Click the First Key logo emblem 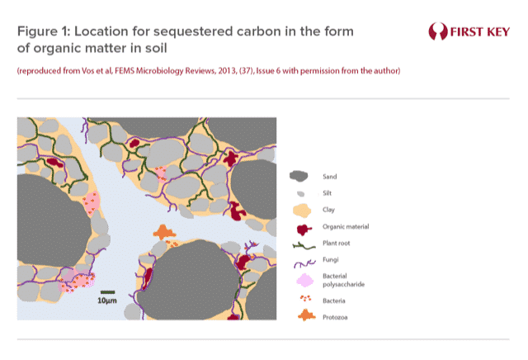pyautogui.click(x=438, y=31)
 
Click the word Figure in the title pyautogui.click(x=37, y=31)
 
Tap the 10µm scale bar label pyautogui.click(x=107, y=301)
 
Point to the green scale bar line pyautogui.click(x=108, y=292)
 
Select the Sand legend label pyautogui.click(x=330, y=177)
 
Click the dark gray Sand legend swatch pyautogui.click(x=299, y=176)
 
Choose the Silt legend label pyautogui.click(x=327, y=193)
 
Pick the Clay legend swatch pyautogui.click(x=302, y=211)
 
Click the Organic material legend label pyautogui.click(x=346, y=226)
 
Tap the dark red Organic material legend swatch pyautogui.click(x=304, y=230)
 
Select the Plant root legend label pyautogui.click(x=337, y=243)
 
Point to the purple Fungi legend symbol pyautogui.click(x=304, y=263)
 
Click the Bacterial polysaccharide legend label pyautogui.click(x=343, y=280)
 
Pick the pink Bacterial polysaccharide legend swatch pyautogui.click(x=305, y=280)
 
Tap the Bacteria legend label pyautogui.click(x=333, y=301)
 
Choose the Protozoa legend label pyautogui.click(x=335, y=317)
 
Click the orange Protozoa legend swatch pyautogui.click(x=307, y=315)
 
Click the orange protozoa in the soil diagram pyautogui.click(x=164, y=232)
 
